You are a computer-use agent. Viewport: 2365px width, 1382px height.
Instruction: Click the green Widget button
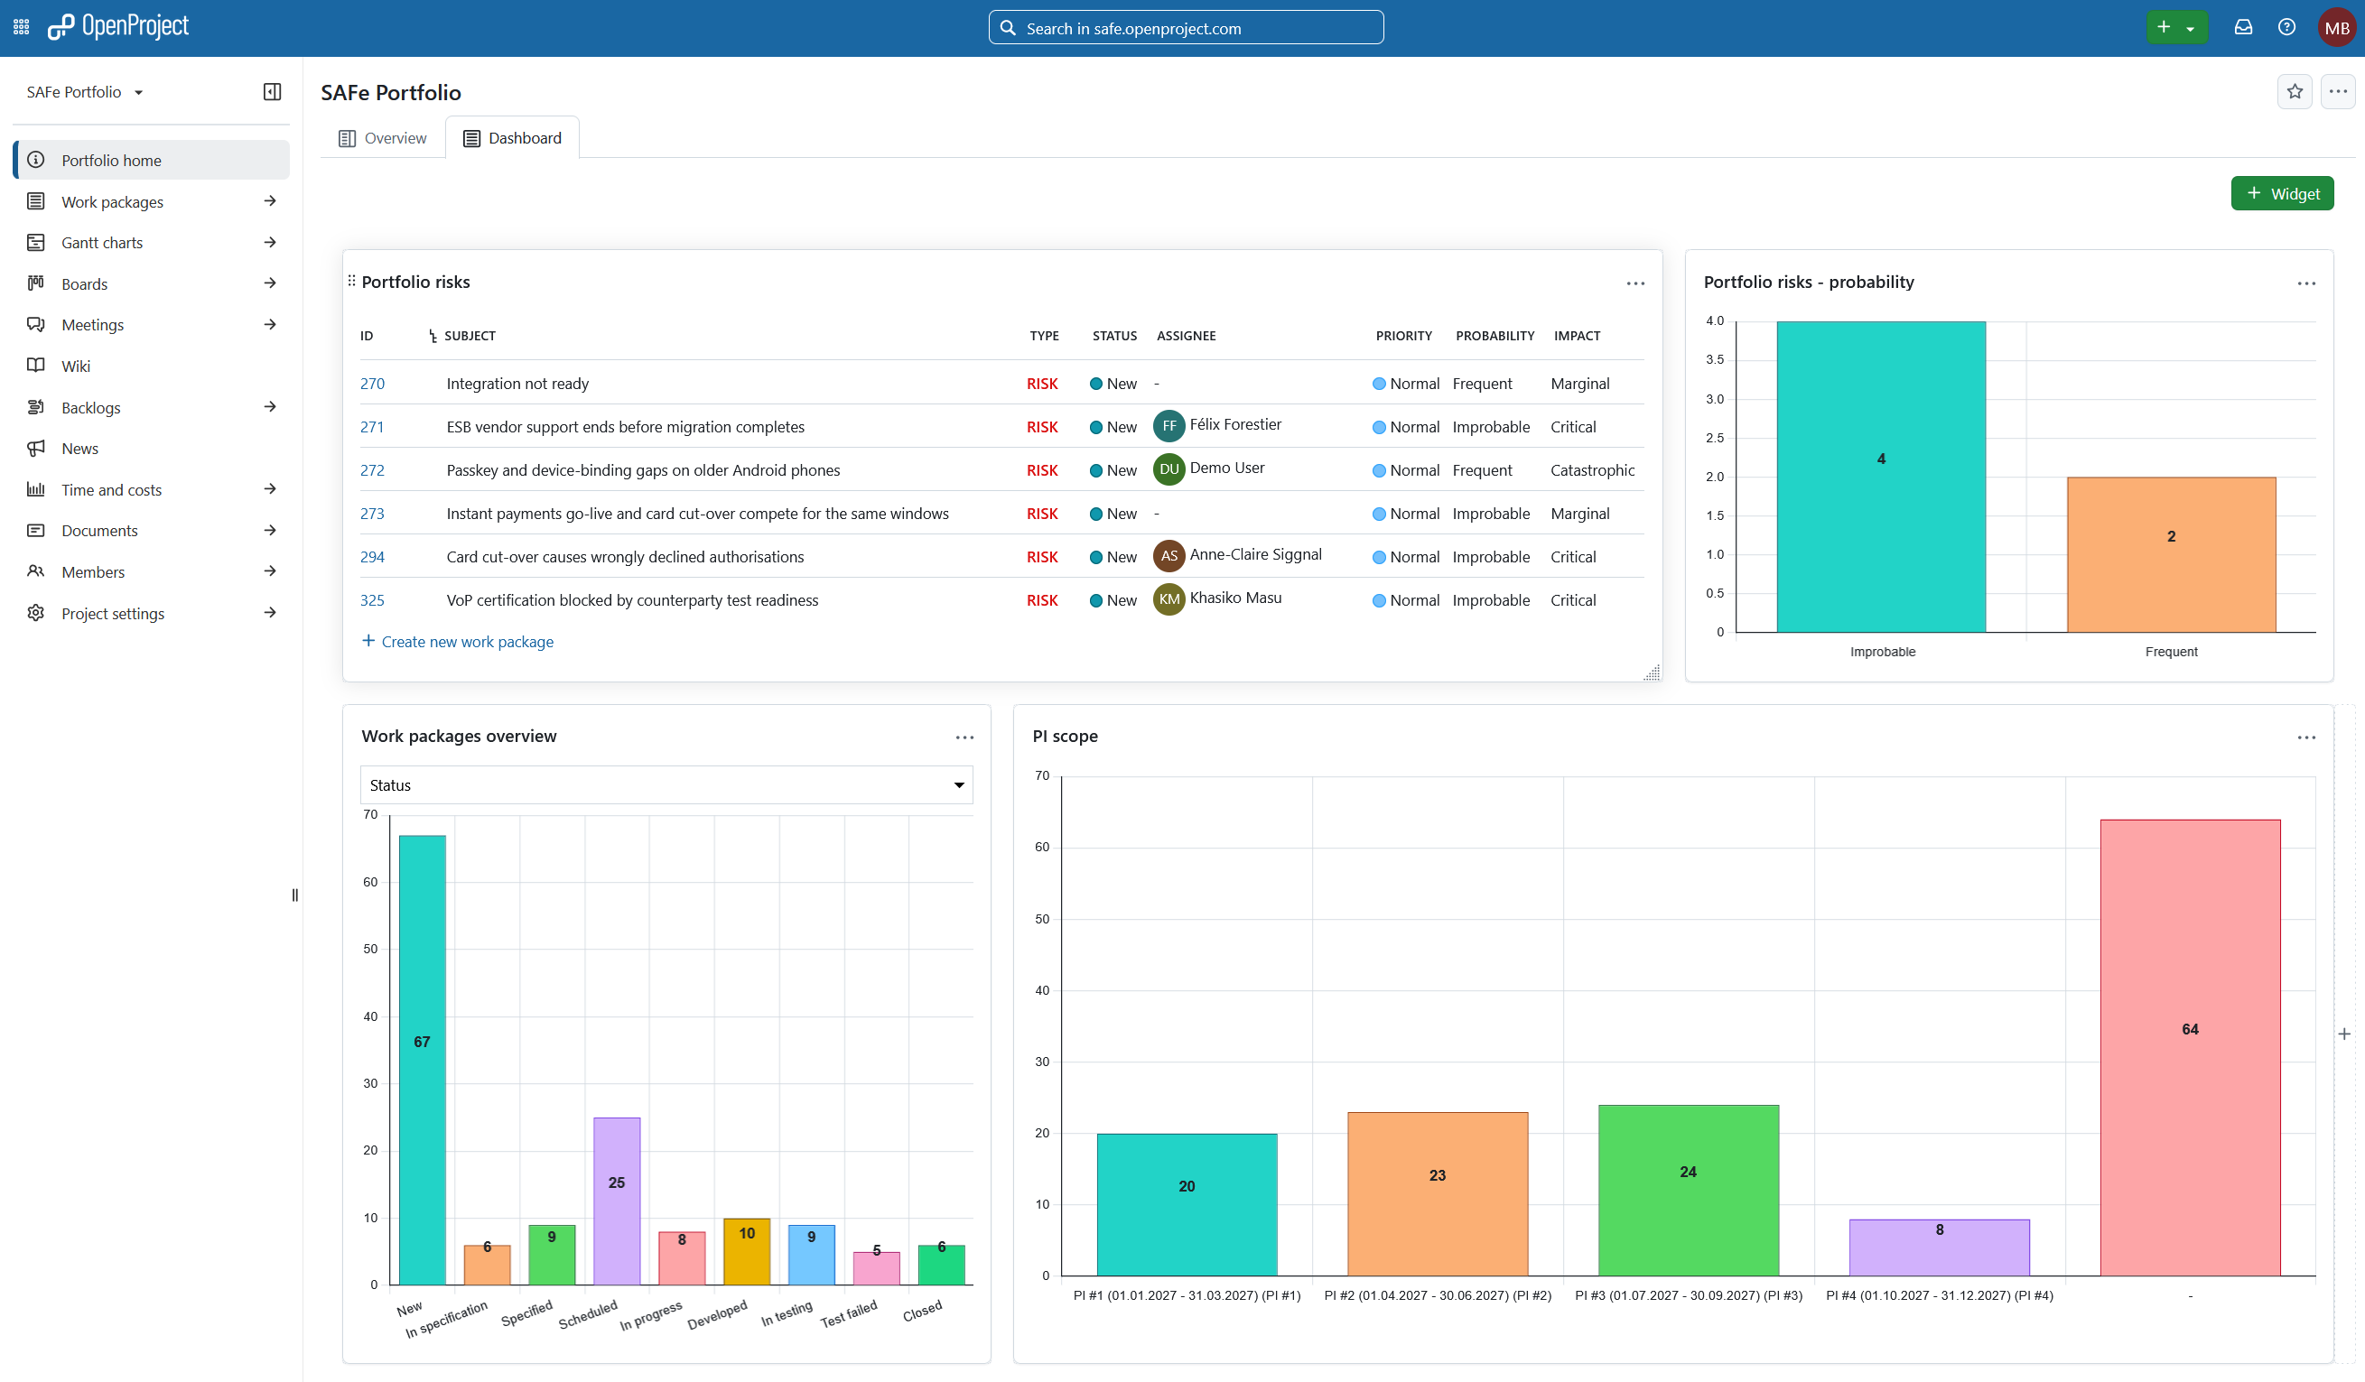coord(2282,193)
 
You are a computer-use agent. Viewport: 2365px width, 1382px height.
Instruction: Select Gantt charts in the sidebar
coord(102,242)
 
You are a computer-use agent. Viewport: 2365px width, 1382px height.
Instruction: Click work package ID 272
coord(372,470)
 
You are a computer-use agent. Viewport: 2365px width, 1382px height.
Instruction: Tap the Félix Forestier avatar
coord(1169,426)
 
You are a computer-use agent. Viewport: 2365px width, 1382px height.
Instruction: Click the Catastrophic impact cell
coord(1592,470)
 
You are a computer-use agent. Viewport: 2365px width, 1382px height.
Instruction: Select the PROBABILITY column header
coord(1494,336)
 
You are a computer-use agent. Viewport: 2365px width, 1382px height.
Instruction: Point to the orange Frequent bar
coord(2171,554)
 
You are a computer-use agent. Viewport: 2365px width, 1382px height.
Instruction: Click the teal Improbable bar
coord(1881,477)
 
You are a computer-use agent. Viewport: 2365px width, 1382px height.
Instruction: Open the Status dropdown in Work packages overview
coord(666,785)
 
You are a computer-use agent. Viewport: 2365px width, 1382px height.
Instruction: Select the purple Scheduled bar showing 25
coord(617,1201)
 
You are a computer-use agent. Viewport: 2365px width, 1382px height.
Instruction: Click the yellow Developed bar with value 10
coord(746,1252)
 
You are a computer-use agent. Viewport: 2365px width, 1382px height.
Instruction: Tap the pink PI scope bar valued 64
coord(2190,1048)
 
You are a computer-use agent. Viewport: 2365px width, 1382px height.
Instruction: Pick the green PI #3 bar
coord(1688,1191)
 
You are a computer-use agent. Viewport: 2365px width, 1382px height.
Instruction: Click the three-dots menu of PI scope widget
coord(2306,737)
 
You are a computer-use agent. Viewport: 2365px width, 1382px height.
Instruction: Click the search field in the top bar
coord(1186,28)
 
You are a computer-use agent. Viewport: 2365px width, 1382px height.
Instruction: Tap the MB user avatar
coord(2336,27)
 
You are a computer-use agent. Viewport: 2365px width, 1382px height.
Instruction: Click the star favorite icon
coord(2295,92)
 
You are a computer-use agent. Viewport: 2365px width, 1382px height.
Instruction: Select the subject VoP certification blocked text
coord(631,600)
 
